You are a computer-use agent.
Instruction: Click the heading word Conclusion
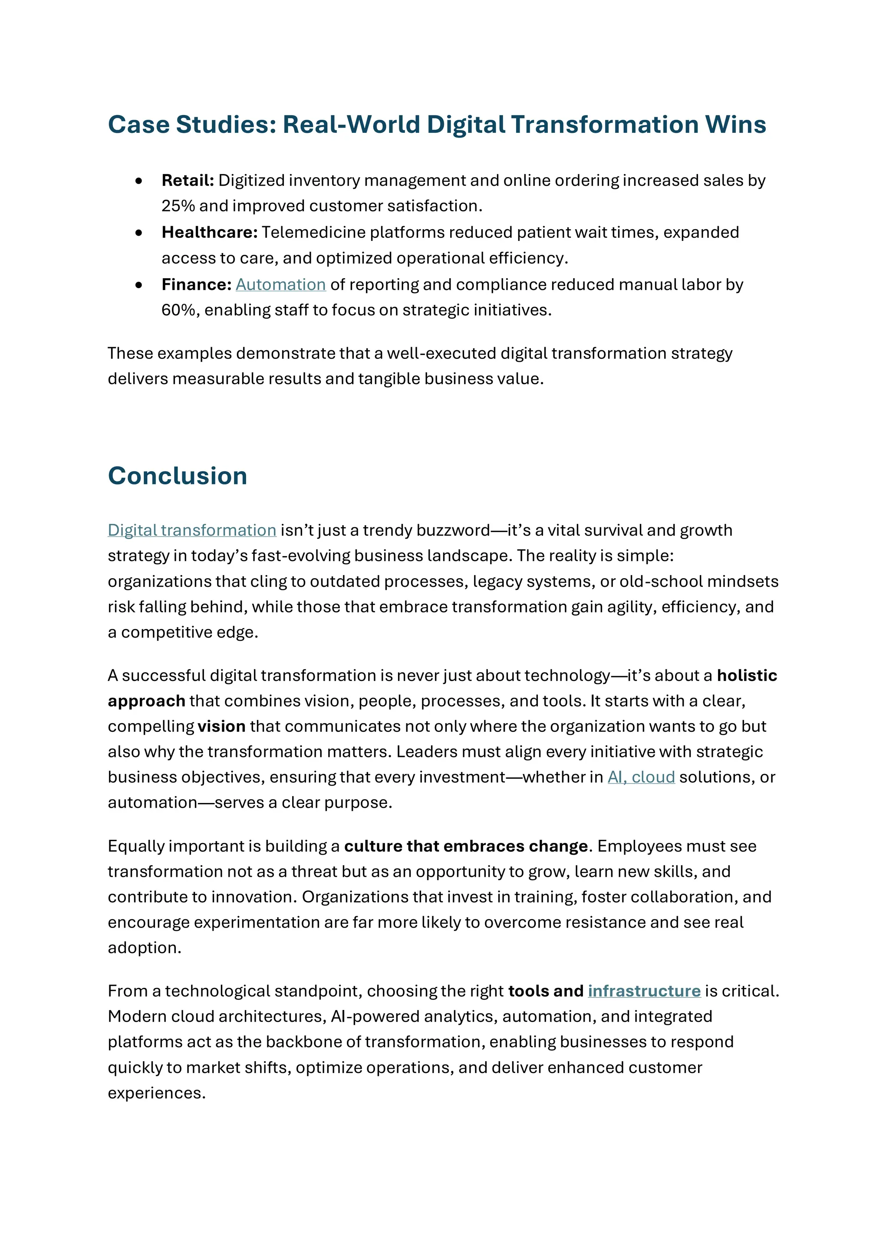click(178, 476)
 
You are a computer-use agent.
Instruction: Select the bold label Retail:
click(187, 180)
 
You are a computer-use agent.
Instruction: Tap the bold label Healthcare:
click(209, 232)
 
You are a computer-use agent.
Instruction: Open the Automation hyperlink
click(281, 285)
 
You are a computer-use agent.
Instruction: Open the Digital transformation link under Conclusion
click(191, 530)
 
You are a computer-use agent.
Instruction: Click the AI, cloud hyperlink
click(641, 777)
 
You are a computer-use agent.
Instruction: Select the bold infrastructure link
click(644, 991)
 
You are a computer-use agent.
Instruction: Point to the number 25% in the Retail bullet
click(178, 206)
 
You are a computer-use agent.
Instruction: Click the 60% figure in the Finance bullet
click(178, 310)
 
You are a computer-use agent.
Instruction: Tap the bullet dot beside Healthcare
click(139, 233)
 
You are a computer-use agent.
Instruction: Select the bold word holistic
click(747, 675)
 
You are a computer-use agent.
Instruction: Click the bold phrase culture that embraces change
click(465, 846)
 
